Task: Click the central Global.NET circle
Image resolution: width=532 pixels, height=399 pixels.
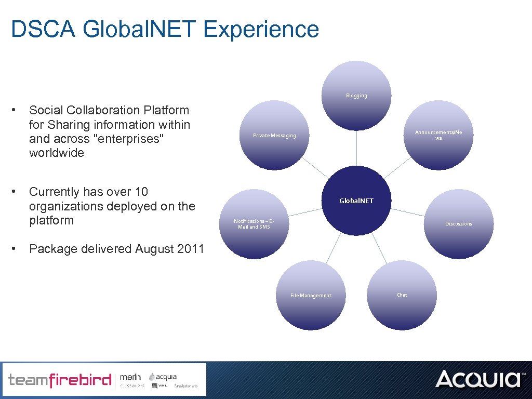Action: point(356,201)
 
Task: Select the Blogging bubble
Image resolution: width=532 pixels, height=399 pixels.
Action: point(356,96)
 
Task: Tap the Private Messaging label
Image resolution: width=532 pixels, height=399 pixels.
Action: point(274,136)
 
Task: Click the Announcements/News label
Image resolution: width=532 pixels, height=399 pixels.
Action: point(438,135)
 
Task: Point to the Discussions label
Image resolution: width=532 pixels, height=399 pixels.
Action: point(458,224)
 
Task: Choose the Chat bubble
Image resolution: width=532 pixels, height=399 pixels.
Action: point(402,295)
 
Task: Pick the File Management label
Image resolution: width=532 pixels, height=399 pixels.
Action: point(311,296)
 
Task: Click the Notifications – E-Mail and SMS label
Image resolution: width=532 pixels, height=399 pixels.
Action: point(254,224)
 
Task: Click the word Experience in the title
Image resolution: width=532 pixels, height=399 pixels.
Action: point(261,29)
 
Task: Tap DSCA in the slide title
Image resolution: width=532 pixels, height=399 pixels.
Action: point(44,29)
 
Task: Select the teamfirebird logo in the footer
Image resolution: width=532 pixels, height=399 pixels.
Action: point(60,380)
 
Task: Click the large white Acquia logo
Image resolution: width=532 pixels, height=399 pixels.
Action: point(477,379)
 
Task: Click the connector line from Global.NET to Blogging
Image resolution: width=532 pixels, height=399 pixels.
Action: point(356,148)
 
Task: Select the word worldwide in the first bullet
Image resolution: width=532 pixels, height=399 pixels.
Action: point(57,153)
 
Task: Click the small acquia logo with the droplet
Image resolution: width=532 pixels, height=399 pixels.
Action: point(163,377)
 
